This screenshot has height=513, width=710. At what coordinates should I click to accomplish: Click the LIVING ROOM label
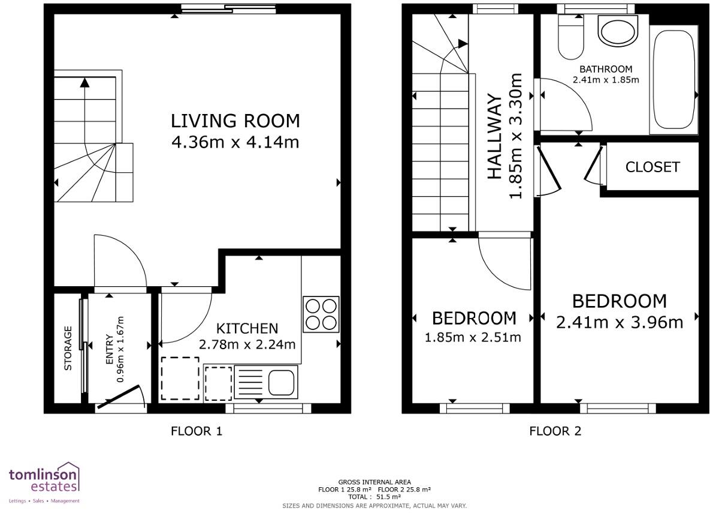(235, 121)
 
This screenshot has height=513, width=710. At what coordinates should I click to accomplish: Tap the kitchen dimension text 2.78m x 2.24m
(247, 344)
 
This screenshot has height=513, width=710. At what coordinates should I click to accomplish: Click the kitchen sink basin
(282, 382)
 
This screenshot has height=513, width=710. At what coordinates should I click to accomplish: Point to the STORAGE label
(68, 349)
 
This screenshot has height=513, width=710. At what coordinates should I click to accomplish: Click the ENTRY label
(110, 350)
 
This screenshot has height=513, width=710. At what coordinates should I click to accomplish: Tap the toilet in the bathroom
(571, 37)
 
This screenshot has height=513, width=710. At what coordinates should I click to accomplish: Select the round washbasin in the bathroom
(618, 31)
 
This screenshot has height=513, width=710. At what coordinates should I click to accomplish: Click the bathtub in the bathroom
(674, 80)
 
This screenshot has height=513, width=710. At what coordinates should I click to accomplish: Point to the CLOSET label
(652, 167)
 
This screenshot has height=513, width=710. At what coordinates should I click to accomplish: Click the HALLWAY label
(494, 137)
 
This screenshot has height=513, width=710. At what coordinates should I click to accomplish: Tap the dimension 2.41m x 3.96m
(620, 322)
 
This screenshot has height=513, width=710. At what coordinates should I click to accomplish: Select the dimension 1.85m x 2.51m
(473, 337)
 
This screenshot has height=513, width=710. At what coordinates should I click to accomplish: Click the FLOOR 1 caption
(197, 430)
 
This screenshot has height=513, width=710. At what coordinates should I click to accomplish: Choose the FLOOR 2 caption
(555, 430)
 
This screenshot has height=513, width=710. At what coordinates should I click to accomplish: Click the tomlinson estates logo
(44, 482)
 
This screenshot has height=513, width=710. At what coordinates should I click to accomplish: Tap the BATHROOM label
(606, 70)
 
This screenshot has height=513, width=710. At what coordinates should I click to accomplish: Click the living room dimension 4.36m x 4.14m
(235, 142)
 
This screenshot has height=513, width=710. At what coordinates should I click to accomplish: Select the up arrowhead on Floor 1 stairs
(84, 82)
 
